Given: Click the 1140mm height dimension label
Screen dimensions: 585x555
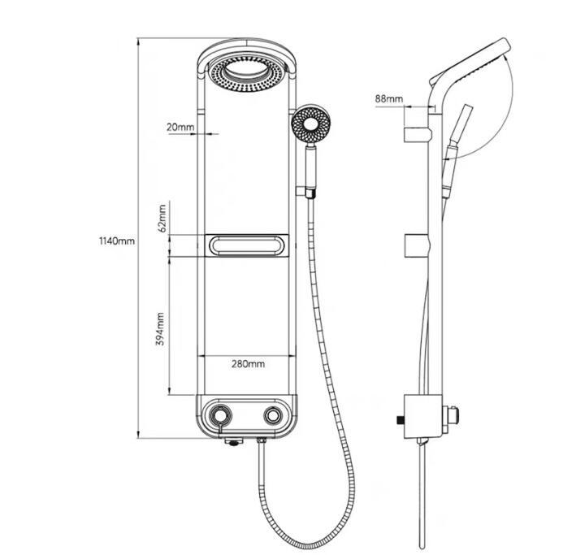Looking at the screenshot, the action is pyautogui.click(x=116, y=241).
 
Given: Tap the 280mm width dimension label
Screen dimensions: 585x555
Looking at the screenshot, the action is pyautogui.click(x=248, y=363).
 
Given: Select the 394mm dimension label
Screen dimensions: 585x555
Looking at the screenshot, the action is pyautogui.click(x=160, y=329).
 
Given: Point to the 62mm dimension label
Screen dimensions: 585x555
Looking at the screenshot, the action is pyautogui.click(x=162, y=219).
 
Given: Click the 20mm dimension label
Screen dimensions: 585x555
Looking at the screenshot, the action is pyautogui.click(x=180, y=127).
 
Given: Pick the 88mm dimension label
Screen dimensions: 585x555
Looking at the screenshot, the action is pyautogui.click(x=389, y=98).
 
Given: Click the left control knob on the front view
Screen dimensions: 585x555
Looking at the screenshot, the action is pyautogui.click(x=220, y=415).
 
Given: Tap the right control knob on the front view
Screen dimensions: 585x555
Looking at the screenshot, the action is pyautogui.click(x=273, y=415).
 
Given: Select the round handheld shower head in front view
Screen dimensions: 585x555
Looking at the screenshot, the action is pyautogui.click(x=310, y=124).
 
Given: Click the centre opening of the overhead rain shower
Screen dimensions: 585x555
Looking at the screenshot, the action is pyautogui.click(x=245, y=70).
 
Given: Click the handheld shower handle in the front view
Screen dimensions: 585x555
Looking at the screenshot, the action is pyautogui.click(x=310, y=167).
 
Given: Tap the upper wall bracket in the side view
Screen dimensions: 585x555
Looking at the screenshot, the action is pyautogui.click(x=418, y=134).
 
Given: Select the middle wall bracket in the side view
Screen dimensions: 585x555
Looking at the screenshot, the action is pyautogui.click(x=418, y=246).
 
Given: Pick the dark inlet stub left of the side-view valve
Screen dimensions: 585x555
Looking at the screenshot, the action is pyautogui.click(x=400, y=421).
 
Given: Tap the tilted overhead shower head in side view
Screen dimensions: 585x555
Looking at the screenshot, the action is pyautogui.click(x=470, y=61).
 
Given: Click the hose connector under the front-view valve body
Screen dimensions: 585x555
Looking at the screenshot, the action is pyautogui.click(x=262, y=441).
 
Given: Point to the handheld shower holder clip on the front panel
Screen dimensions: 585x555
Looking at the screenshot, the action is pyautogui.click(x=306, y=193).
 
